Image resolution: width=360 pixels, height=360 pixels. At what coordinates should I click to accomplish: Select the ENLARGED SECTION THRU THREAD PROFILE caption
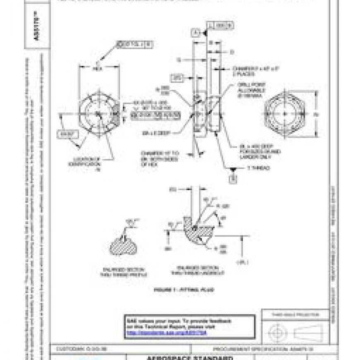tap(123, 272)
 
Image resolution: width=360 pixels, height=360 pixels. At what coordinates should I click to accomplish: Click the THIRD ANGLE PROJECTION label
tap(295, 314)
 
